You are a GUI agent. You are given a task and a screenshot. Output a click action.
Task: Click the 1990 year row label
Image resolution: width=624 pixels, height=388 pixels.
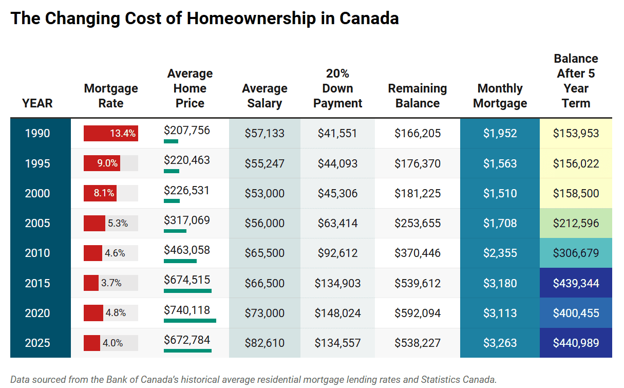click(37, 134)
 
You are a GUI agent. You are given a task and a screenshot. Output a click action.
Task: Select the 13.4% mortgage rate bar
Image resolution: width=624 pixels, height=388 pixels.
click(110, 134)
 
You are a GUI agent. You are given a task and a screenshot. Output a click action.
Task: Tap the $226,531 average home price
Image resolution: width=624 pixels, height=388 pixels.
click(187, 190)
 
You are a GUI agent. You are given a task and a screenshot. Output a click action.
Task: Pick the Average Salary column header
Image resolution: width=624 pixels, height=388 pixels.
click(264, 96)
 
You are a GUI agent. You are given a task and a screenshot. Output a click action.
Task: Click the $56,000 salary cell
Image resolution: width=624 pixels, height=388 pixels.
click(264, 223)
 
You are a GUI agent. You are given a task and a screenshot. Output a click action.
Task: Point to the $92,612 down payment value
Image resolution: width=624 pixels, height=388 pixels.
click(337, 253)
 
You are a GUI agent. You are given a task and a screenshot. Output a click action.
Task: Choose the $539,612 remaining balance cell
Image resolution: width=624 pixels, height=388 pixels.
click(418, 283)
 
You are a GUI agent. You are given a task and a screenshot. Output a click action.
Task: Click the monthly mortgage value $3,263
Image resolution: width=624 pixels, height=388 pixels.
click(500, 343)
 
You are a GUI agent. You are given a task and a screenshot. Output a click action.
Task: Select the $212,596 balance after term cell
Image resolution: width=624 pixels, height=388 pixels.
click(576, 223)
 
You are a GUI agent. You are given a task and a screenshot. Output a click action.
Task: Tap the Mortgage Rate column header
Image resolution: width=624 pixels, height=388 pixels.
click(111, 96)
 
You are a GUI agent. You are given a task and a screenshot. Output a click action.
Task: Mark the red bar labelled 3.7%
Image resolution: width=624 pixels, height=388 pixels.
click(91, 283)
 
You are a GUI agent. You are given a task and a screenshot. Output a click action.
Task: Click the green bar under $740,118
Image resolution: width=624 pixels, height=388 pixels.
click(190, 320)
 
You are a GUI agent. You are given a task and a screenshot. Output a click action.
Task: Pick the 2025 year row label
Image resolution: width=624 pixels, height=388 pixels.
click(37, 343)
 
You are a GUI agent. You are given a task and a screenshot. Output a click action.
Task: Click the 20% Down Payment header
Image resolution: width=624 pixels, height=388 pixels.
click(337, 88)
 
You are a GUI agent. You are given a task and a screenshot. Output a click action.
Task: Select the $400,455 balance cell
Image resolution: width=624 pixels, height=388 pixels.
click(576, 313)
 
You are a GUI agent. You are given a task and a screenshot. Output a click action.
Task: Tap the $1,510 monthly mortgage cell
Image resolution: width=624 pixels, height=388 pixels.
click(500, 193)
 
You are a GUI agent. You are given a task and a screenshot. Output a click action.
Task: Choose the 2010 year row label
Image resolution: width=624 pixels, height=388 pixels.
click(37, 253)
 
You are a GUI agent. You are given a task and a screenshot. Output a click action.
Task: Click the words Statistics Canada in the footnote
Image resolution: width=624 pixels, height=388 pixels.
click(458, 380)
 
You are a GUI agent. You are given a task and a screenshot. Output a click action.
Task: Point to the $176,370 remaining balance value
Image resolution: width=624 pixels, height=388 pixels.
click(418, 163)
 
